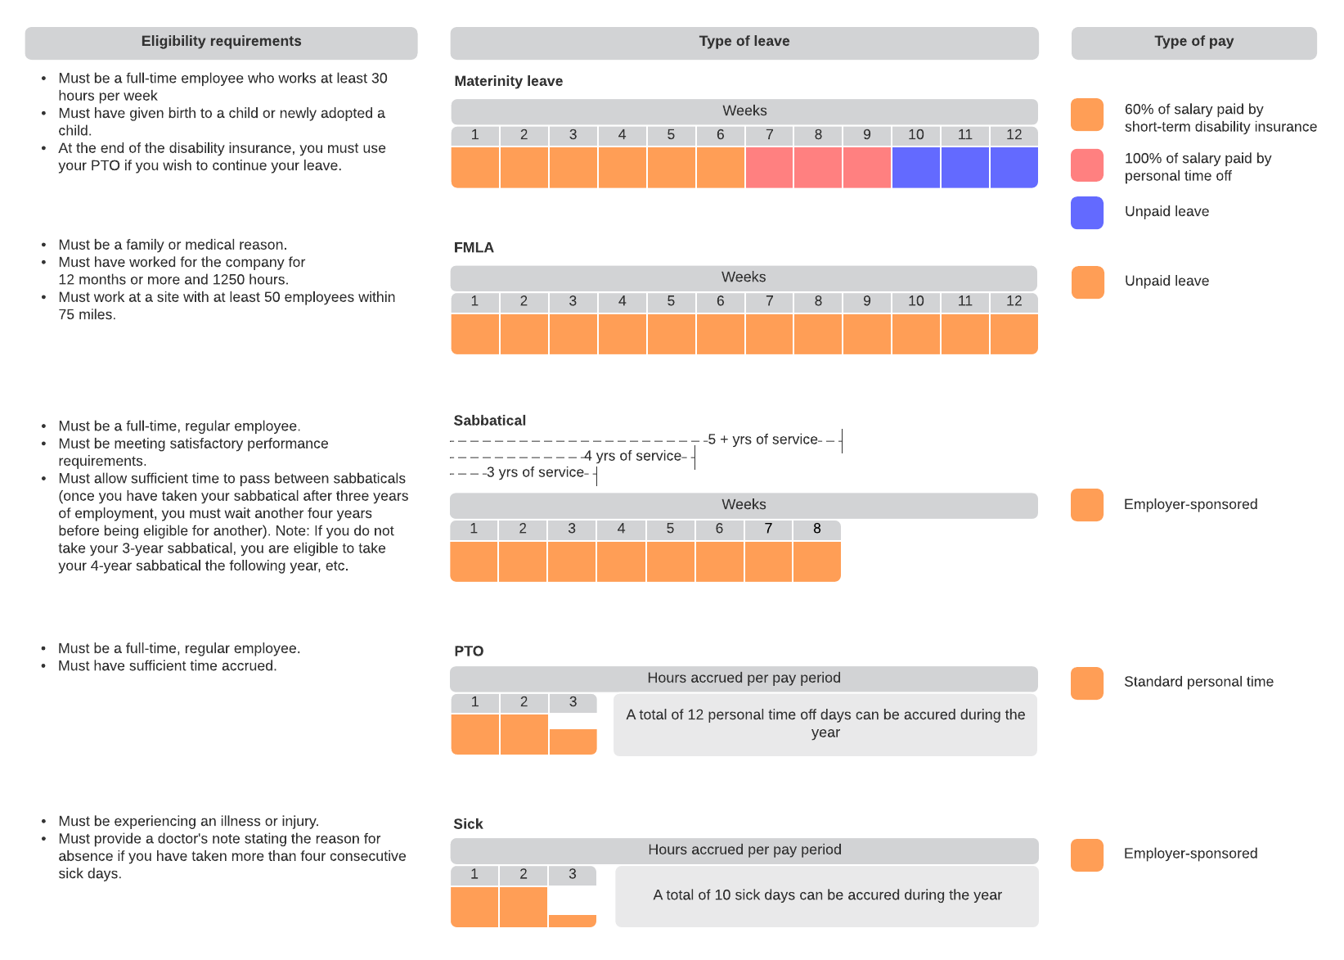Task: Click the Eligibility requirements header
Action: tap(221, 42)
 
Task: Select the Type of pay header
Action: tap(1193, 42)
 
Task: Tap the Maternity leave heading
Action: tap(508, 81)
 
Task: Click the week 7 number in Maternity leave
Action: tap(769, 135)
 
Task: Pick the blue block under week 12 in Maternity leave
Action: tap(1014, 168)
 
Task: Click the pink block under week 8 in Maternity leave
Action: tap(818, 168)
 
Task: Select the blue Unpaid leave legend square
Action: tap(1086, 213)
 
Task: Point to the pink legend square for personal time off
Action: tap(1086, 165)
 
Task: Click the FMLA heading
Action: tap(474, 248)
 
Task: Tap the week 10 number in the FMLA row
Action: tap(915, 301)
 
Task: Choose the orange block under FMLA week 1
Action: tap(475, 334)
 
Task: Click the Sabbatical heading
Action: tap(489, 421)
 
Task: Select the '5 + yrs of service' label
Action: tap(762, 439)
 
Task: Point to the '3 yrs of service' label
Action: tap(535, 472)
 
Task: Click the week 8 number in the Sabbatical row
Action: tap(816, 529)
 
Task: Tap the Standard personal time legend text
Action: tap(1198, 682)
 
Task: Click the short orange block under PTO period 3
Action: tap(573, 741)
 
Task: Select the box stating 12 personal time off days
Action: tap(825, 724)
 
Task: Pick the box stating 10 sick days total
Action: tap(826, 895)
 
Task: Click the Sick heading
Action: tap(468, 824)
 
